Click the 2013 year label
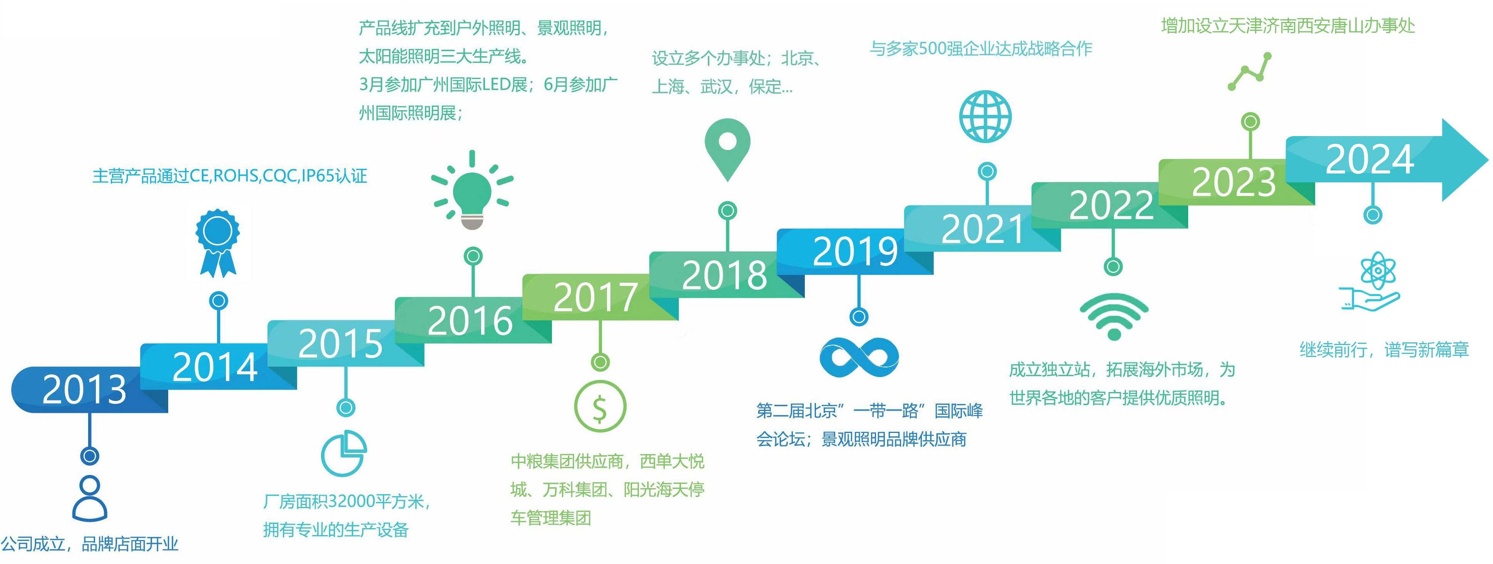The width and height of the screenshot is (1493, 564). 85,389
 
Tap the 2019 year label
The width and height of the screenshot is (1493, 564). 856,252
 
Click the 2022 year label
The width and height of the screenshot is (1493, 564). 1112,205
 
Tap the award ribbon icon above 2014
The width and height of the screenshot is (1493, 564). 218,242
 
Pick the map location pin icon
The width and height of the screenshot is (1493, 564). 727,150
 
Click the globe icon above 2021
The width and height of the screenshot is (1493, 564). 985,116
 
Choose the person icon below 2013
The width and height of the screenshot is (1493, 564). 89,498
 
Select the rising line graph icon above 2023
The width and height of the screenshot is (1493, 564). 1250,71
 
